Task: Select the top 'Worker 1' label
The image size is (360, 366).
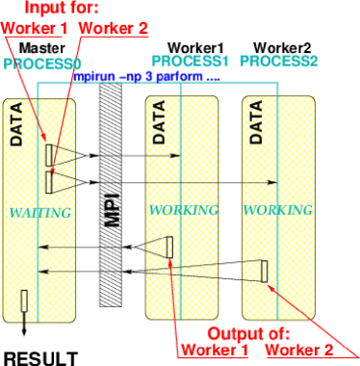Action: (x=35, y=27)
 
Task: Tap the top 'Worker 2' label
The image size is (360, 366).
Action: (x=115, y=27)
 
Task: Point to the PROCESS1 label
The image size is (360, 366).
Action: (x=188, y=61)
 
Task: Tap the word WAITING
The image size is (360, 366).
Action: (x=41, y=211)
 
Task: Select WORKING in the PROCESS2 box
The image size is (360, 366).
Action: (x=278, y=209)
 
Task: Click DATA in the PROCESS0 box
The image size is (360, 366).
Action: (x=15, y=125)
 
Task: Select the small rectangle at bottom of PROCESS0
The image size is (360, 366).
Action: (x=26, y=303)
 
